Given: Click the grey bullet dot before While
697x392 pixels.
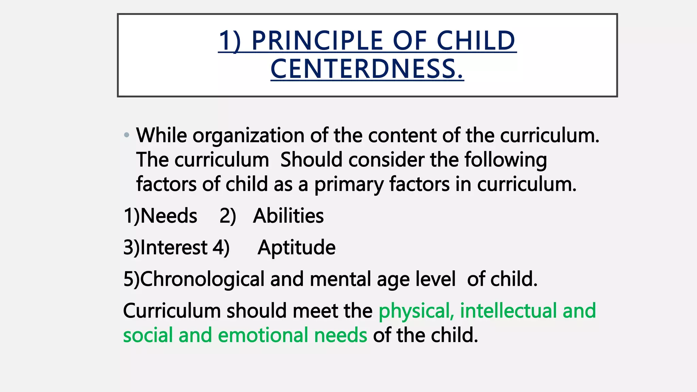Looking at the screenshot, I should tap(127, 135).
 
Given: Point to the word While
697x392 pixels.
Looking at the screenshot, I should tap(161, 135).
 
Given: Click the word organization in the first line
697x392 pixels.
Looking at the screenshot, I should tap(248, 136).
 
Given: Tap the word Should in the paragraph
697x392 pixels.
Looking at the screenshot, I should tap(311, 160).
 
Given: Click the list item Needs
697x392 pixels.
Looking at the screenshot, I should tap(168, 216).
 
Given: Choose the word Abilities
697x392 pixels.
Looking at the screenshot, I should tap(288, 216).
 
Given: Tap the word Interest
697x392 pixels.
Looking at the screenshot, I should tap(174, 247).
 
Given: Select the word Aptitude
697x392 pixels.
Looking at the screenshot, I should tap(296, 248).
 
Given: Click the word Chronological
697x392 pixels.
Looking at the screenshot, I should tap(202, 279).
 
